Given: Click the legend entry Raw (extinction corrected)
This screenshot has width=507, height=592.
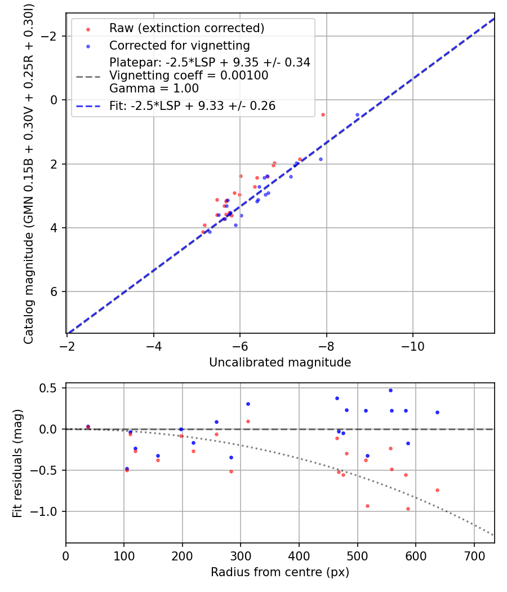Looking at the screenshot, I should [x=186, y=28].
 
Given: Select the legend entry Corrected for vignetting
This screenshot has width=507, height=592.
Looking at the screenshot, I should [x=179, y=45].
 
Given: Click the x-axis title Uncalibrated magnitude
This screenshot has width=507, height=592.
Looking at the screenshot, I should [x=280, y=363].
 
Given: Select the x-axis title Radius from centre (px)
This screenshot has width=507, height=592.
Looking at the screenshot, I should [x=280, y=572].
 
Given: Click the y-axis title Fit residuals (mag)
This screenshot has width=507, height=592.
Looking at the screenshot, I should [x=17, y=463].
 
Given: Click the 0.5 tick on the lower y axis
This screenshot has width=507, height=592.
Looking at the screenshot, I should [x=52, y=388].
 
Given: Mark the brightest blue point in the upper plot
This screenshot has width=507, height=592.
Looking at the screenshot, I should [x=357, y=114].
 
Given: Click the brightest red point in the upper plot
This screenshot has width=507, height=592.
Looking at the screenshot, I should [x=323, y=114].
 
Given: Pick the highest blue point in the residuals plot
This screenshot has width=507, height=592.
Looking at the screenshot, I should [x=390, y=390].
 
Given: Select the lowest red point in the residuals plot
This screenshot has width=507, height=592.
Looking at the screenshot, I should [x=408, y=509].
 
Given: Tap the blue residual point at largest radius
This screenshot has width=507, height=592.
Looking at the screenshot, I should [x=437, y=412].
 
